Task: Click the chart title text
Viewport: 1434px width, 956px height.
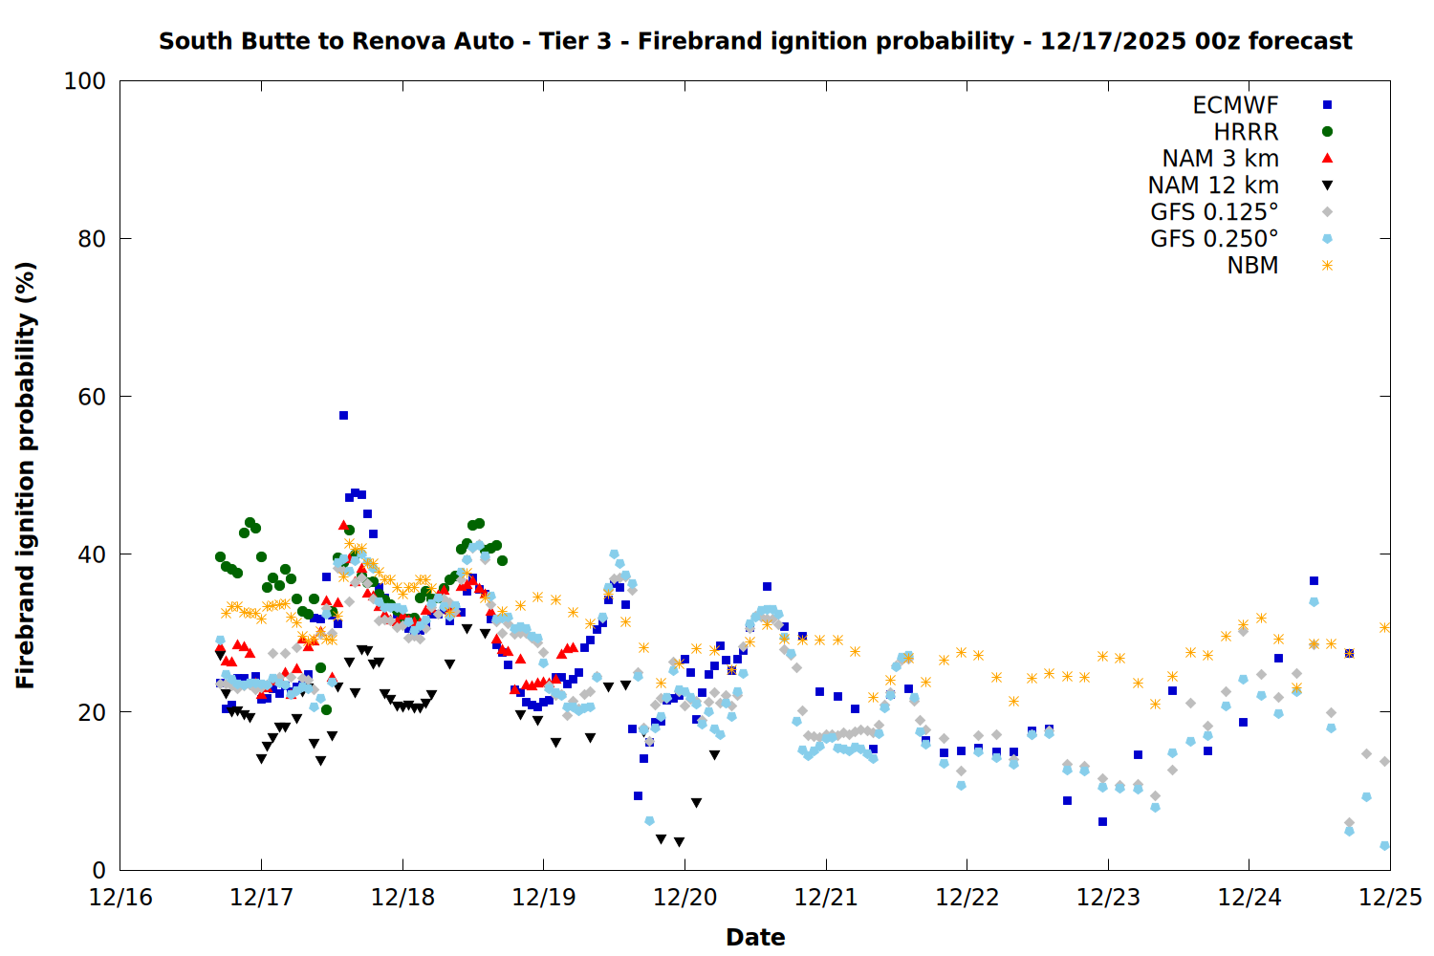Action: coord(755,41)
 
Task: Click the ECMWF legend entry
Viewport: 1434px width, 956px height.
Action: coord(1235,105)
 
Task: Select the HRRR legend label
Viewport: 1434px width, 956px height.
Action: coord(1246,132)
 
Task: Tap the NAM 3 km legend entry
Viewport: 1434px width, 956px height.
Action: coord(1220,159)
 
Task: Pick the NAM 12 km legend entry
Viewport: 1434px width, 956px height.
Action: coord(1213,185)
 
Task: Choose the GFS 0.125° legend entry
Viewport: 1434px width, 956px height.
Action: coord(1214,212)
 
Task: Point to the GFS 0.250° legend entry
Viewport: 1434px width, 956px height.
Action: coord(1214,239)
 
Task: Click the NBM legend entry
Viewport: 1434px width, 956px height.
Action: coord(1252,266)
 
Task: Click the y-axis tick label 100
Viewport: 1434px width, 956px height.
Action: coord(85,81)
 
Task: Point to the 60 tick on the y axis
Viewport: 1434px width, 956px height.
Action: coord(92,397)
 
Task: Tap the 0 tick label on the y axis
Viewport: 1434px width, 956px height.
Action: coord(98,870)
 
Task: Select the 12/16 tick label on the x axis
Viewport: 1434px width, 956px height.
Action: coord(120,898)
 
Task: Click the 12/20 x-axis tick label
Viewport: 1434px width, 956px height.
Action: coord(684,898)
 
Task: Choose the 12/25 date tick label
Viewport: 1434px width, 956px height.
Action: coord(1390,898)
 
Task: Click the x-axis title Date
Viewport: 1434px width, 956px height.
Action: coord(755,937)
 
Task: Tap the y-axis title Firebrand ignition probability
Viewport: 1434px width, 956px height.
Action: coord(26,475)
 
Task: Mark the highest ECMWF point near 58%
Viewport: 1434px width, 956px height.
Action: coord(343,415)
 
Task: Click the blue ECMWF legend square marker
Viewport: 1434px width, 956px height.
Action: coord(1327,105)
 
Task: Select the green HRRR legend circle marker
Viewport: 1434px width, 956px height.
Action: coord(1327,132)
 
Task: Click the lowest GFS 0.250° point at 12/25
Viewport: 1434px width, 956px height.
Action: coord(1384,845)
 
